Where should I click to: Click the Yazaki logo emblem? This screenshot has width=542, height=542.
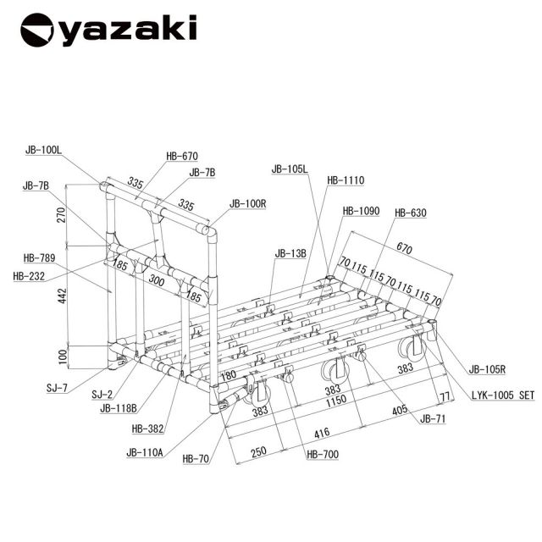point(37,30)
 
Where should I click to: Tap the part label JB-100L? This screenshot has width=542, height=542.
point(43,150)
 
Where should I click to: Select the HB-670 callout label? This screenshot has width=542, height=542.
point(182,156)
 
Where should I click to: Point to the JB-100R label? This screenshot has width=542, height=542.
point(248,203)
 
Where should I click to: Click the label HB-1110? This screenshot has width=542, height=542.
point(346,180)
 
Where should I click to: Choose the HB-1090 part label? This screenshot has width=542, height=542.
point(362,211)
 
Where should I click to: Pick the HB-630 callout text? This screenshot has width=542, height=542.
point(411,213)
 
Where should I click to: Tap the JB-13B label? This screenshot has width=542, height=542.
point(290,253)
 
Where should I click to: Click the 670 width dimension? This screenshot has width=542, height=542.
point(404,248)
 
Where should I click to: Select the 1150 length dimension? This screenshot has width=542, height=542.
point(336,400)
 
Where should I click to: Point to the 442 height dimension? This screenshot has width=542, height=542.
point(62,296)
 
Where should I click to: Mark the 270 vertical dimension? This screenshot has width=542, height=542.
point(62,214)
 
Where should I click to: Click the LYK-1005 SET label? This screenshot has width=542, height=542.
point(503,395)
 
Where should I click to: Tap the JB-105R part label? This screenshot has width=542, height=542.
point(487,369)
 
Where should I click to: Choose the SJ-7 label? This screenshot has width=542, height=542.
point(57,388)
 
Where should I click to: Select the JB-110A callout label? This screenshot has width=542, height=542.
point(145,452)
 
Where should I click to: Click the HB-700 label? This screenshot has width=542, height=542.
point(323,454)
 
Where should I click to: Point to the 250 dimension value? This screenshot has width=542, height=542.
point(258,451)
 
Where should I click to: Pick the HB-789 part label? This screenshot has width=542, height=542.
point(39,257)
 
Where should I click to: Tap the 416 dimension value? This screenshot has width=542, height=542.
point(322,433)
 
